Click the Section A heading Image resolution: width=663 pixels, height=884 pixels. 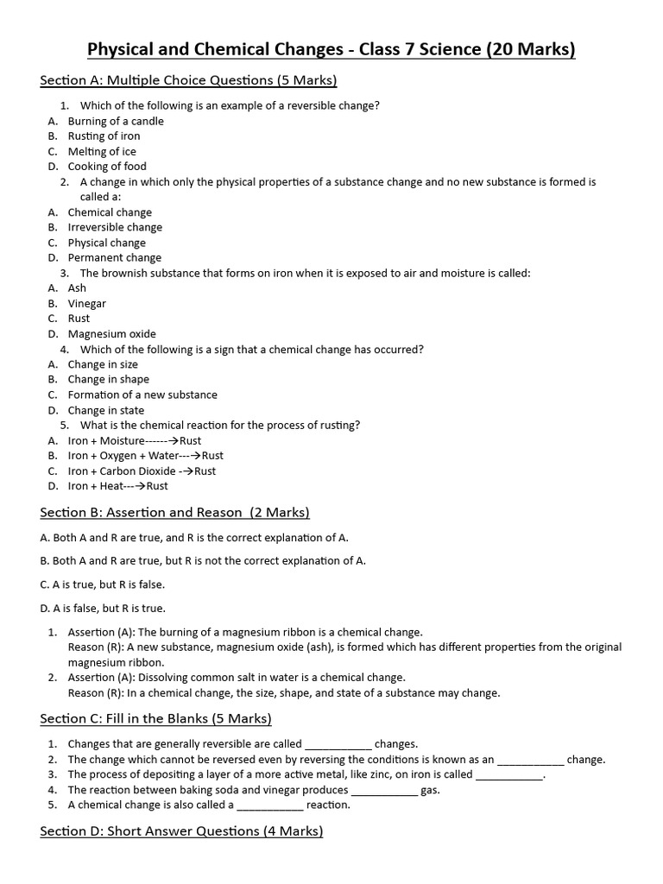click(x=188, y=81)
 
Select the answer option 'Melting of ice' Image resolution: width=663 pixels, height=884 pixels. click(x=102, y=151)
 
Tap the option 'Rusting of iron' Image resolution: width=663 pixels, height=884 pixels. click(x=104, y=136)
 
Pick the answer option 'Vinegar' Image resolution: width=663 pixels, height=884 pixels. click(x=87, y=303)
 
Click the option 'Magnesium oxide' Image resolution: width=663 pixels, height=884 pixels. click(x=112, y=334)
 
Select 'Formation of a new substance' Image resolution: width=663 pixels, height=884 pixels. click(x=142, y=395)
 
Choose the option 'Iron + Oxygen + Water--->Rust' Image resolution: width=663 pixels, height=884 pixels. click(x=145, y=455)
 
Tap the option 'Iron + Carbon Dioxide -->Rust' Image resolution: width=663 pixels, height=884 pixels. click(x=142, y=470)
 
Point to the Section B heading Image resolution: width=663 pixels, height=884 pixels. click(x=174, y=512)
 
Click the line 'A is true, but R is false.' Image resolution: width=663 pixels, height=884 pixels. click(x=103, y=584)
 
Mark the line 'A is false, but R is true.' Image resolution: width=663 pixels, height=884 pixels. click(x=103, y=608)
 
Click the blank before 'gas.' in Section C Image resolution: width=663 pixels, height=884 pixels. click(x=384, y=790)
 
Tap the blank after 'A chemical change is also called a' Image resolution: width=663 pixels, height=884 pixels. click(x=270, y=805)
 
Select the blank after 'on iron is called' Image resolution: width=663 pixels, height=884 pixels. click(x=509, y=775)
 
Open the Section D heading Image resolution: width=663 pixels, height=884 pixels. click(x=181, y=831)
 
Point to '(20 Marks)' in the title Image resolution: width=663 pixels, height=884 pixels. click(x=531, y=50)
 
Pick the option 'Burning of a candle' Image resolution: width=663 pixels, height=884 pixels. click(x=116, y=121)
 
